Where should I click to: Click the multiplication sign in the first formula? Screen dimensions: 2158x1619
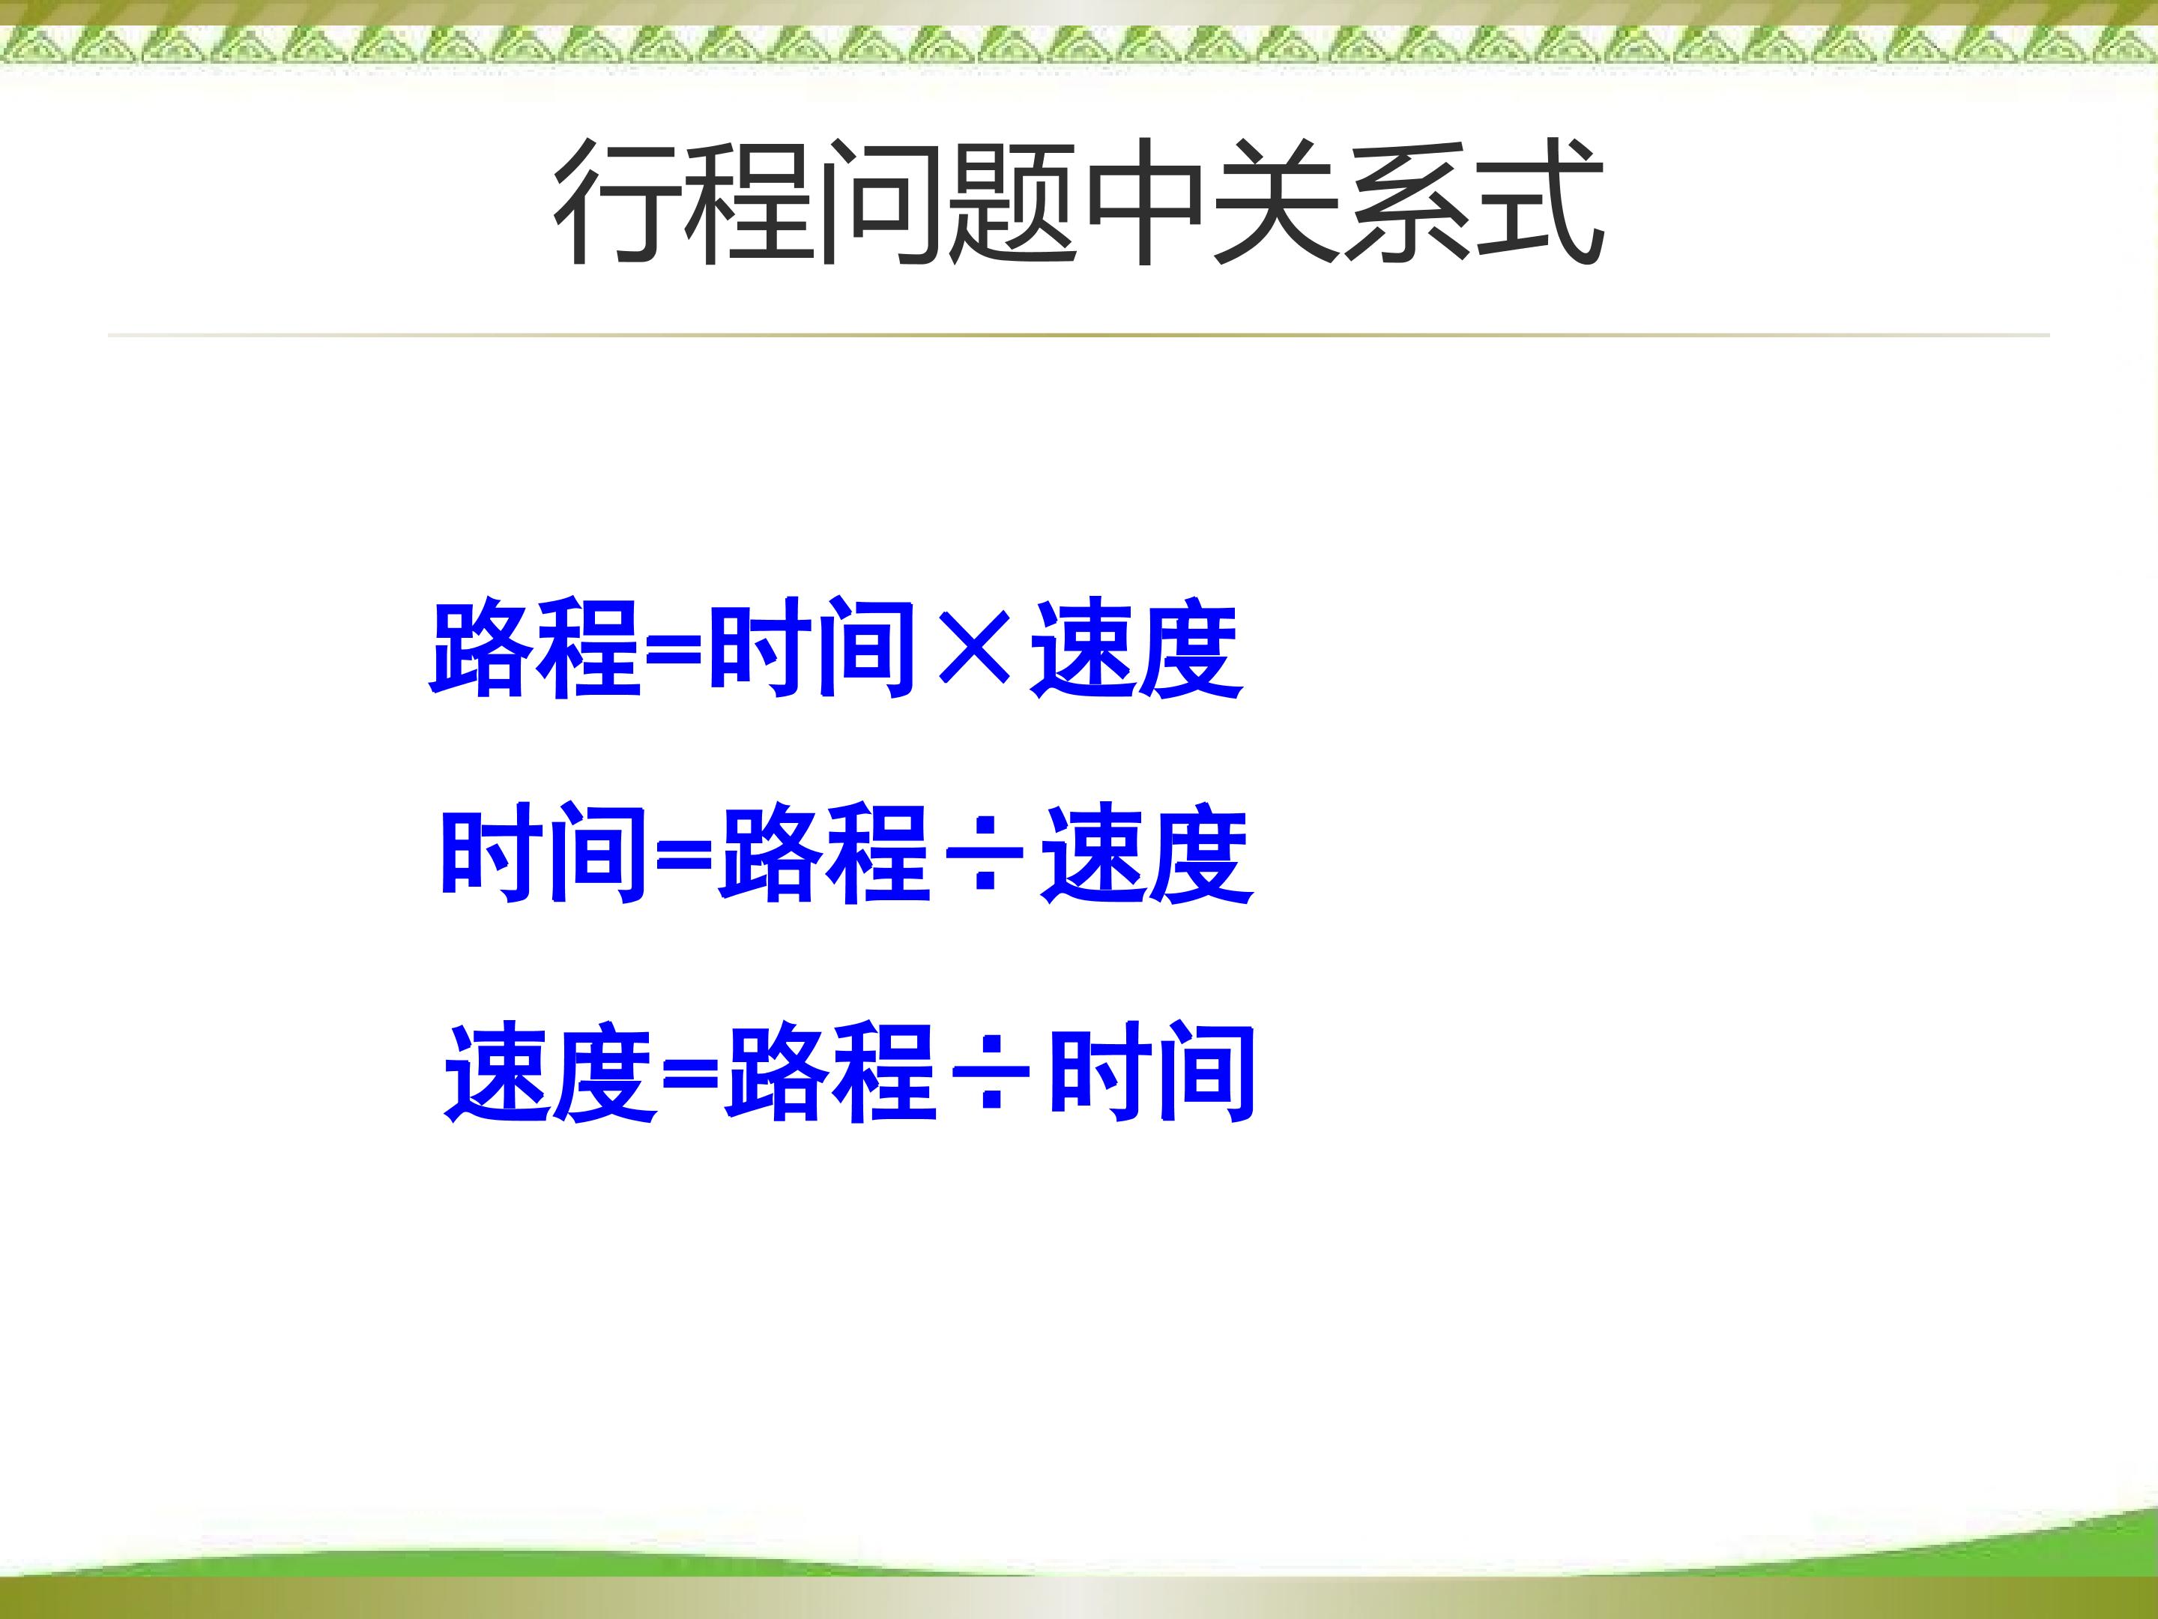click(973, 649)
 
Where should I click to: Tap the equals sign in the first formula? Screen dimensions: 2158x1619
click(674, 649)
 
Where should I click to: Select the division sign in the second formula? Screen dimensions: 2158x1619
click(985, 855)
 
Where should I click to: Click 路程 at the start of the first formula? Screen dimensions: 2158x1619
click(536, 649)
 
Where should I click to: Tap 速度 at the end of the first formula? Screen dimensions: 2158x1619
click(1137, 649)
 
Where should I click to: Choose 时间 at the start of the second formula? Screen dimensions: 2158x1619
click(545, 855)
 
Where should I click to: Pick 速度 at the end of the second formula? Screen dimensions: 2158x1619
click(1147, 855)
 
